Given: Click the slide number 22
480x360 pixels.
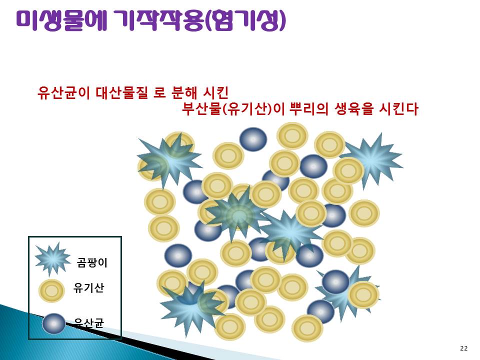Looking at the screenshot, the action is tap(464, 348).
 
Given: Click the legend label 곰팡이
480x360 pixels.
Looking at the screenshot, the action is tap(92, 262).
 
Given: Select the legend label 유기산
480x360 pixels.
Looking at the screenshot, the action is tap(88, 288).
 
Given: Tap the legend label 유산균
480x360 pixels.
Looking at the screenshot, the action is tap(89, 322).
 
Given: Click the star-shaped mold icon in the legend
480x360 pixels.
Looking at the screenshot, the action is tap(52, 259).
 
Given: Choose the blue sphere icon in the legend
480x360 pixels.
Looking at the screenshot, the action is tap(54, 323).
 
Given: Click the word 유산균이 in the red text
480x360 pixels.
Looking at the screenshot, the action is tap(63, 93).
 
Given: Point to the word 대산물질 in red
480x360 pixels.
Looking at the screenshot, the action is tap(122, 93).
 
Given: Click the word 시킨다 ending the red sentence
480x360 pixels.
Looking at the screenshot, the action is tap(398, 109).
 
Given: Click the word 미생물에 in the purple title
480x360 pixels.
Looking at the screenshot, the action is tap(61, 20).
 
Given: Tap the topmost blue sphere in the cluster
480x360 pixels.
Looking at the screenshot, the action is tap(253, 139).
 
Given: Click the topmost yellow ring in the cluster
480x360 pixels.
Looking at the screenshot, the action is tap(292, 135).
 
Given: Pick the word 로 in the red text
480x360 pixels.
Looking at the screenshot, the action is tap(159, 93).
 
